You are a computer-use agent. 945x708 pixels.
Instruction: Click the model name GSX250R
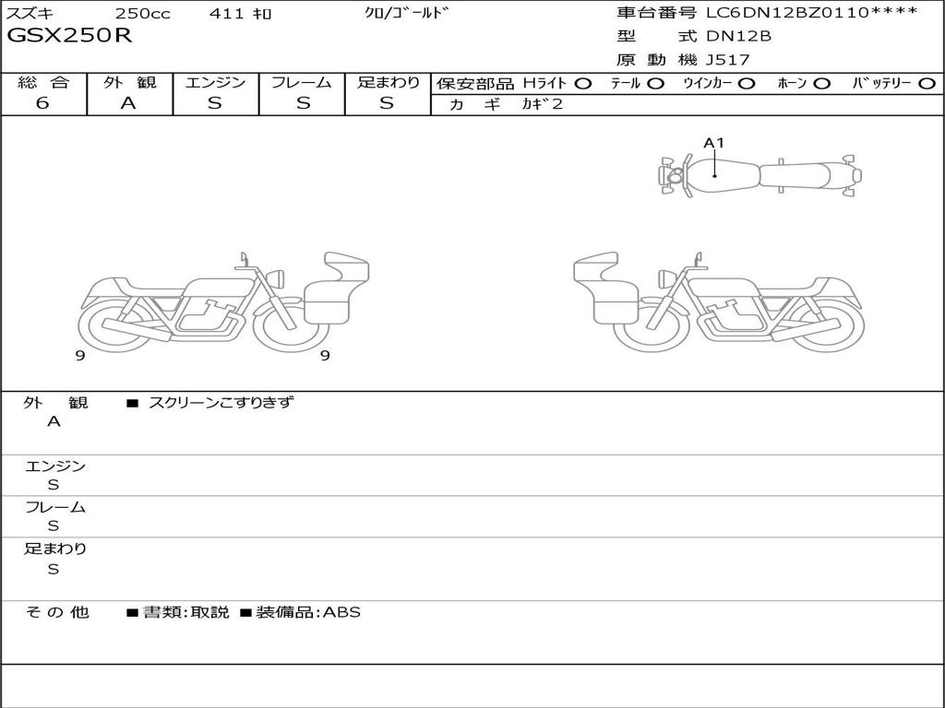click(x=69, y=36)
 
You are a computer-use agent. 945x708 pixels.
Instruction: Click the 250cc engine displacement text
click(x=143, y=13)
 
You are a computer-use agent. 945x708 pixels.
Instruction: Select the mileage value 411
click(x=226, y=13)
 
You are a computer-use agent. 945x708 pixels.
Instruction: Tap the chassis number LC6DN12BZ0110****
click(x=812, y=12)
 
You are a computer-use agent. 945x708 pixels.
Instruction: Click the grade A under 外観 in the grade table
click(x=128, y=103)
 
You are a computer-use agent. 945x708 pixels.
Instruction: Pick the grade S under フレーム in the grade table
click(x=303, y=103)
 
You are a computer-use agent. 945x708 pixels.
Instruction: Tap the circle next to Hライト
click(x=582, y=84)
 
